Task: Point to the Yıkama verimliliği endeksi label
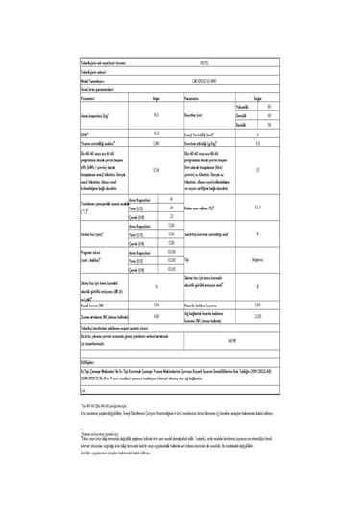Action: coord(101,141)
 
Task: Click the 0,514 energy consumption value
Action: coord(156,170)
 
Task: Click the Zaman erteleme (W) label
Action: coord(102,314)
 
